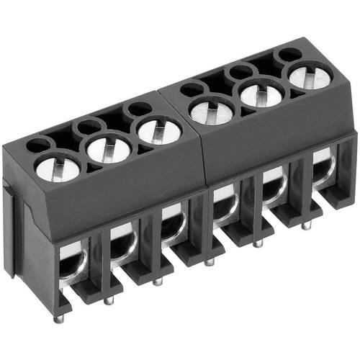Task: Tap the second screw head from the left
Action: coord(108,149)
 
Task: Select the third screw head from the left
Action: coord(158,131)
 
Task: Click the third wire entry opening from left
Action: coord(173,224)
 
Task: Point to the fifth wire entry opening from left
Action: coord(274,186)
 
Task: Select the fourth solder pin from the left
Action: coord(209,261)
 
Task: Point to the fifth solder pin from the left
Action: coord(258,243)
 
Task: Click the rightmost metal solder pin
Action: coord(307,225)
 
